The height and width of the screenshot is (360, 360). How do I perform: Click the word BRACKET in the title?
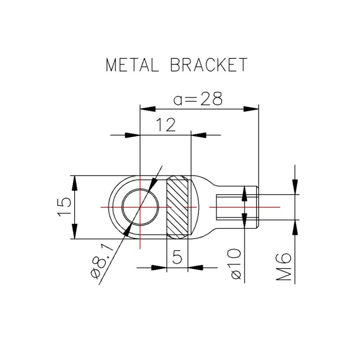208,65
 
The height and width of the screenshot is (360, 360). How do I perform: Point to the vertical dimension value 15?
64,207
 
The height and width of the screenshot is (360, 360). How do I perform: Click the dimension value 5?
177,257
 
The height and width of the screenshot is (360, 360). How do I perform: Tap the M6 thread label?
284,267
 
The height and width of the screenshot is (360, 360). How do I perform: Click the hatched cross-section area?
177,207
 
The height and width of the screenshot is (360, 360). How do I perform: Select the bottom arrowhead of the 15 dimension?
75,231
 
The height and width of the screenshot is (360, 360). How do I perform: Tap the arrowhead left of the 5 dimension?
159,268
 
